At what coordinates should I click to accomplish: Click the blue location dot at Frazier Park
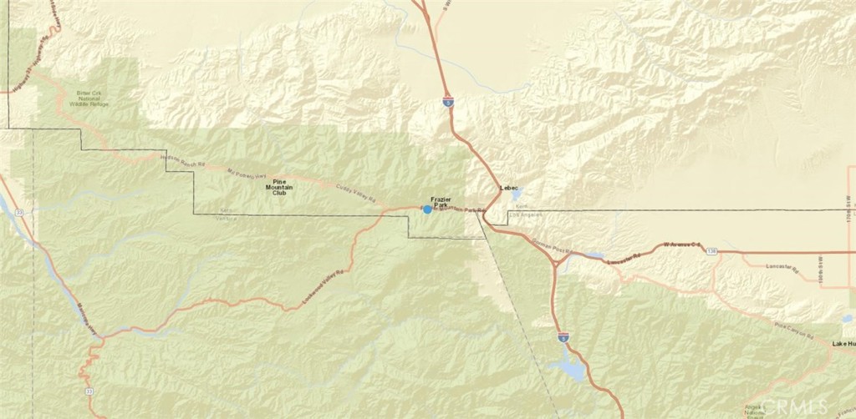428,209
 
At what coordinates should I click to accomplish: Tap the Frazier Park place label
441,201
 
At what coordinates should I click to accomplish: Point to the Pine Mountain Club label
273,187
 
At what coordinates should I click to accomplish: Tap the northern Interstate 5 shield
449,101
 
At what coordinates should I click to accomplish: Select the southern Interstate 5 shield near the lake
563,337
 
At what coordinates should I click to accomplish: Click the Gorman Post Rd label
553,247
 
